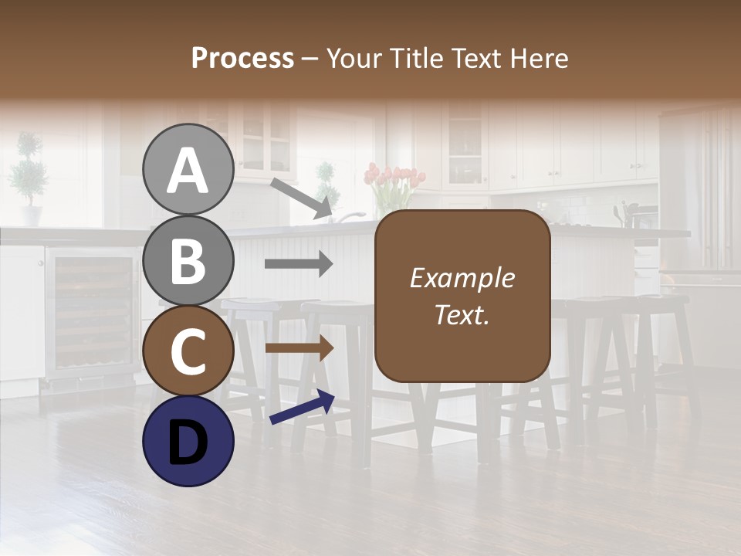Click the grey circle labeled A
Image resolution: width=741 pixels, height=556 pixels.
pyautogui.click(x=188, y=170)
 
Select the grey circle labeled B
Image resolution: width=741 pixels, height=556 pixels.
pyautogui.click(x=188, y=260)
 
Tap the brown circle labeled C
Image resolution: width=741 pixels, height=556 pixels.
pyautogui.click(x=188, y=351)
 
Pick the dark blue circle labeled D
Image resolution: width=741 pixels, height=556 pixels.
pyautogui.click(x=188, y=441)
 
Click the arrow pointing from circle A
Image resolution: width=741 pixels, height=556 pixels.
pyautogui.click(x=302, y=198)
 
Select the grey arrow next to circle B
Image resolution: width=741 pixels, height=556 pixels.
pyautogui.click(x=299, y=264)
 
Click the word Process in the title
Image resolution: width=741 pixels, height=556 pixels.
pyautogui.click(x=242, y=58)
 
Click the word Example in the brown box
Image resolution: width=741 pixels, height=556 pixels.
pyautogui.click(x=462, y=278)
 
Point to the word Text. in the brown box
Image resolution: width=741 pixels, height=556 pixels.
pyautogui.click(x=462, y=314)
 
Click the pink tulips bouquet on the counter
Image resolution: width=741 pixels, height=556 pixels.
pyautogui.click(x=394, y=185)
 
